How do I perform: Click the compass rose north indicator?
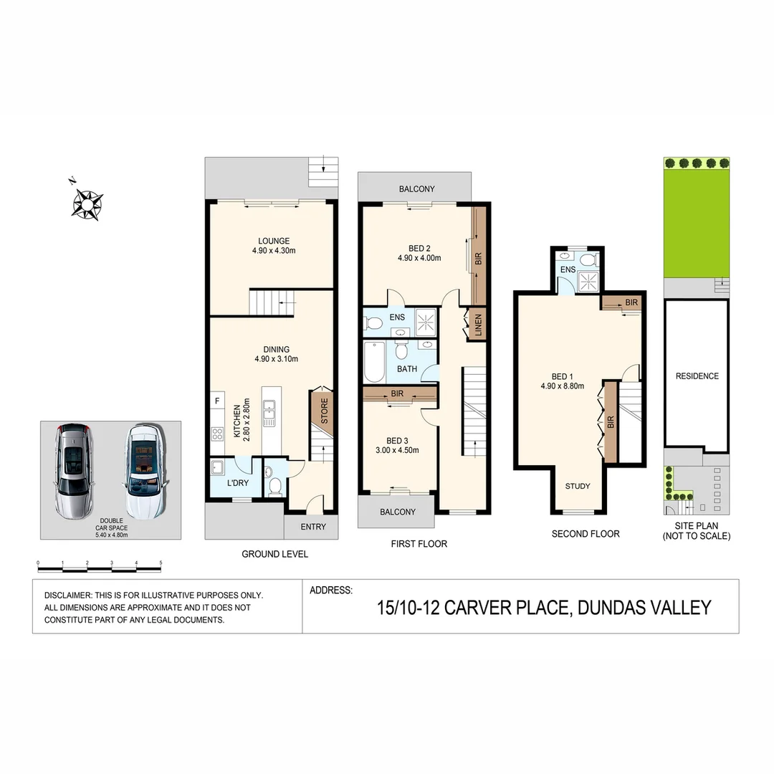click(x=87, y=202)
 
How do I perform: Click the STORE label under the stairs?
click(x=324, y=411)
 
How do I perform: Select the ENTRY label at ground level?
click(x=313, y=527)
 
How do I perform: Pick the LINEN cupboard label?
click(x=478, y=326)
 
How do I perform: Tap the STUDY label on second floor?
click(x=578, y=486)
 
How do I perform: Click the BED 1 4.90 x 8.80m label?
click(x=563, y=381)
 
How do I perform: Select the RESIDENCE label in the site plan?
click(x=697, y=376)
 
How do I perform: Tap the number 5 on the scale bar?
click(x=161, y=563)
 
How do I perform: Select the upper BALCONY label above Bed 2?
click(x=416, y=189)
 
